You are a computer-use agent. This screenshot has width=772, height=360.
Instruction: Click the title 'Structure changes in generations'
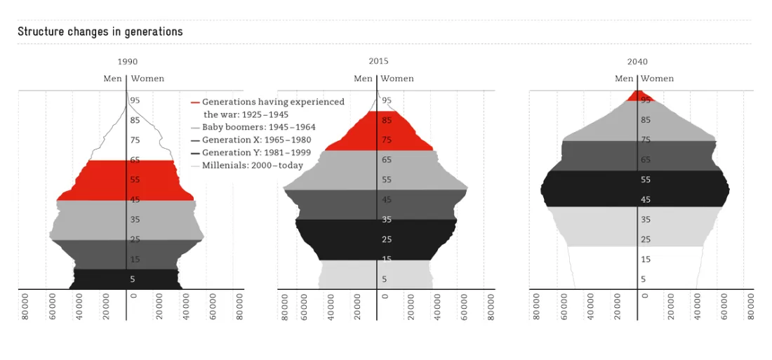click(x=100, y=32)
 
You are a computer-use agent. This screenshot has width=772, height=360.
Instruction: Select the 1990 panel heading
click(x=128, y=62)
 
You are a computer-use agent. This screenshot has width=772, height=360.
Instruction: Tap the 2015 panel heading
click(x=378, y=62)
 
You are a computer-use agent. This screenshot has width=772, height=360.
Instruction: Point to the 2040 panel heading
click(x=637, y=62)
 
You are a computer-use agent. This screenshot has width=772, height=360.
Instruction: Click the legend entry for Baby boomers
click(x=253, y=127)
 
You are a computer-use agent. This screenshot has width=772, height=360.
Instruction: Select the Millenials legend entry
click(x=247, y=166)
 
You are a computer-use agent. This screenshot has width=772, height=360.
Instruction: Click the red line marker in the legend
click(x=196, y=102)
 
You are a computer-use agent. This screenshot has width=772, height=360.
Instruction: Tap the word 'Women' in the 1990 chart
click(x=147, y=79)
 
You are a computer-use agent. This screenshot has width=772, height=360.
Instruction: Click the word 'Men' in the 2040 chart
click(x=625, y=79)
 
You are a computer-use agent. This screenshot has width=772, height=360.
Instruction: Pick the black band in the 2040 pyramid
click(x=635, y=189)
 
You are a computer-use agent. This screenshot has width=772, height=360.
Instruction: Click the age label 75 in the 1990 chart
click(x=135, y=140)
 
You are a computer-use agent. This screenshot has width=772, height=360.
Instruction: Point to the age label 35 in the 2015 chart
click(x=387, y=220)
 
